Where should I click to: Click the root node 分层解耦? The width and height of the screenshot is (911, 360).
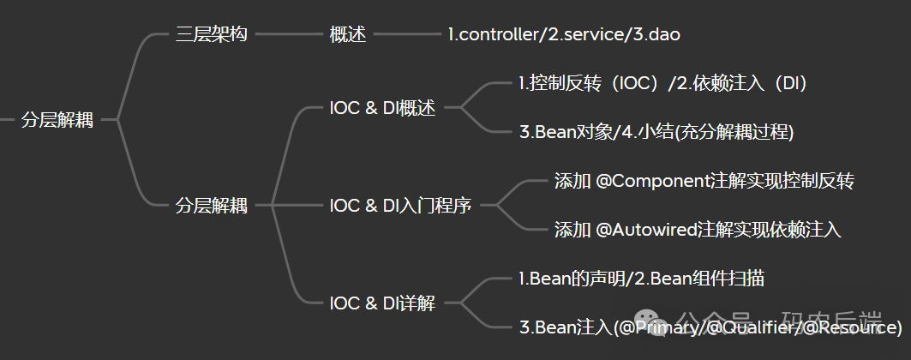(x=57, y=120)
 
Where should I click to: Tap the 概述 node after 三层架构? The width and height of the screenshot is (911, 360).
(x=348, y=35)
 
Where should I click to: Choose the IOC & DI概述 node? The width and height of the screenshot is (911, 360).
(x=383, y=108)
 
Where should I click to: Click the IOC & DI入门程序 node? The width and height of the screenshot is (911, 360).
(x=400, y=206)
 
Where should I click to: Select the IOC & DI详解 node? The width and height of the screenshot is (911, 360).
(x=382, y=303)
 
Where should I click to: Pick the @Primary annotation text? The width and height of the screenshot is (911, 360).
(x=654, y=327)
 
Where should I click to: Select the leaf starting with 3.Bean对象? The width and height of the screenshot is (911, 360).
(x=656, y=132)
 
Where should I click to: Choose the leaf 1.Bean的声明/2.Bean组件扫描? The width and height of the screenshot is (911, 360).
(x=642, y=279)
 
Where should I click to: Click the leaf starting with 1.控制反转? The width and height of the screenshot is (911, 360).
(x=663, y=84)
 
